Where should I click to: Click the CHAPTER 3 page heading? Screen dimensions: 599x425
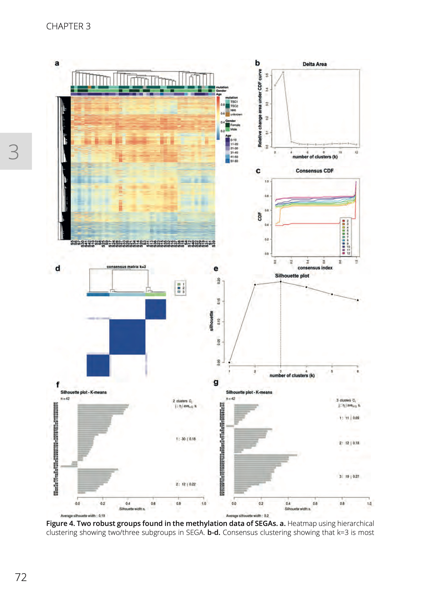[x=68, y=26]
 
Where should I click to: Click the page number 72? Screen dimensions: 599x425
[x=21, y=577]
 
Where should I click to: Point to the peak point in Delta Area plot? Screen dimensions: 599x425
[x=283, y=72]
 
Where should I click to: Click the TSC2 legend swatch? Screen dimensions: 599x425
[x=227, y=106]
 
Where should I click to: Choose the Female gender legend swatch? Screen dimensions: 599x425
[x=227, y=125]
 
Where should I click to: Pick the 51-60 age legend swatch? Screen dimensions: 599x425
[x=227, y=161]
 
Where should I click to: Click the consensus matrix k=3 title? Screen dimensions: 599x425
[x=126, y=267]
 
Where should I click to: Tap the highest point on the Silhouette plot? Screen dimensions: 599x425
[x=280, y=282]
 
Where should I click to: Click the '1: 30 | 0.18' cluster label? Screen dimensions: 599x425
[x=186, y=439]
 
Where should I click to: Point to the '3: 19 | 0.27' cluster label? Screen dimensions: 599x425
[x=349, y=476]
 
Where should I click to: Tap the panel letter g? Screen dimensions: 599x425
[x=216, y=383]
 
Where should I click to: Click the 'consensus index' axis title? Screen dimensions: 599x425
[x=315, y=268]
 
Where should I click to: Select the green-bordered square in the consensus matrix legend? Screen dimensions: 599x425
[x=179, y=284]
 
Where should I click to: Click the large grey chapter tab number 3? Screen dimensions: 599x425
[x=14, y=151]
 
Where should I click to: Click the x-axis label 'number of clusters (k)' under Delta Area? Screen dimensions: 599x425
[x=315, y=157]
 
